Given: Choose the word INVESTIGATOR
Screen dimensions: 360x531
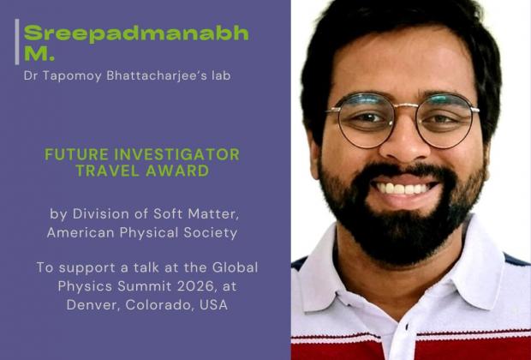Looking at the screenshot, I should click(173, 155).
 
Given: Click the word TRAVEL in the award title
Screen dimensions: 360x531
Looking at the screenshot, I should click(108, 171).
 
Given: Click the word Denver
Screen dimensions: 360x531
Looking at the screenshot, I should click(90, 305).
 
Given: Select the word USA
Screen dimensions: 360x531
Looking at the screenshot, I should click(212, 305).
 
